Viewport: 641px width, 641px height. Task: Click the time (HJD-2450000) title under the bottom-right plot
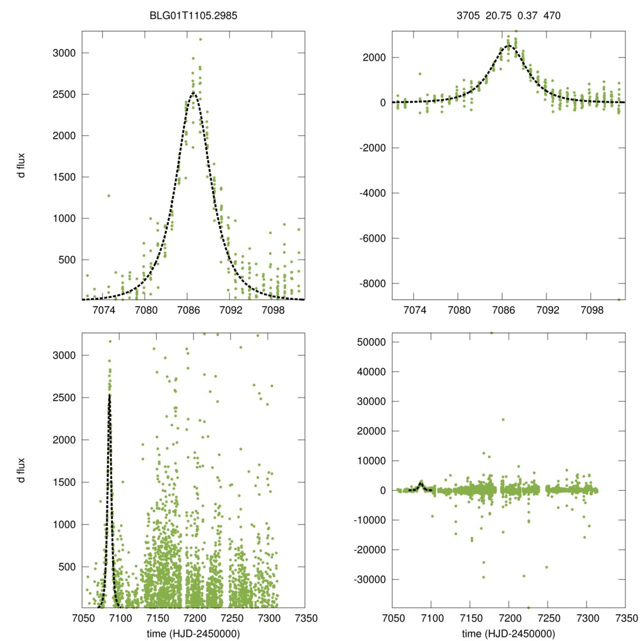508,633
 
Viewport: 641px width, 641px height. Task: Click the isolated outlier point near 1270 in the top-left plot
108,195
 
